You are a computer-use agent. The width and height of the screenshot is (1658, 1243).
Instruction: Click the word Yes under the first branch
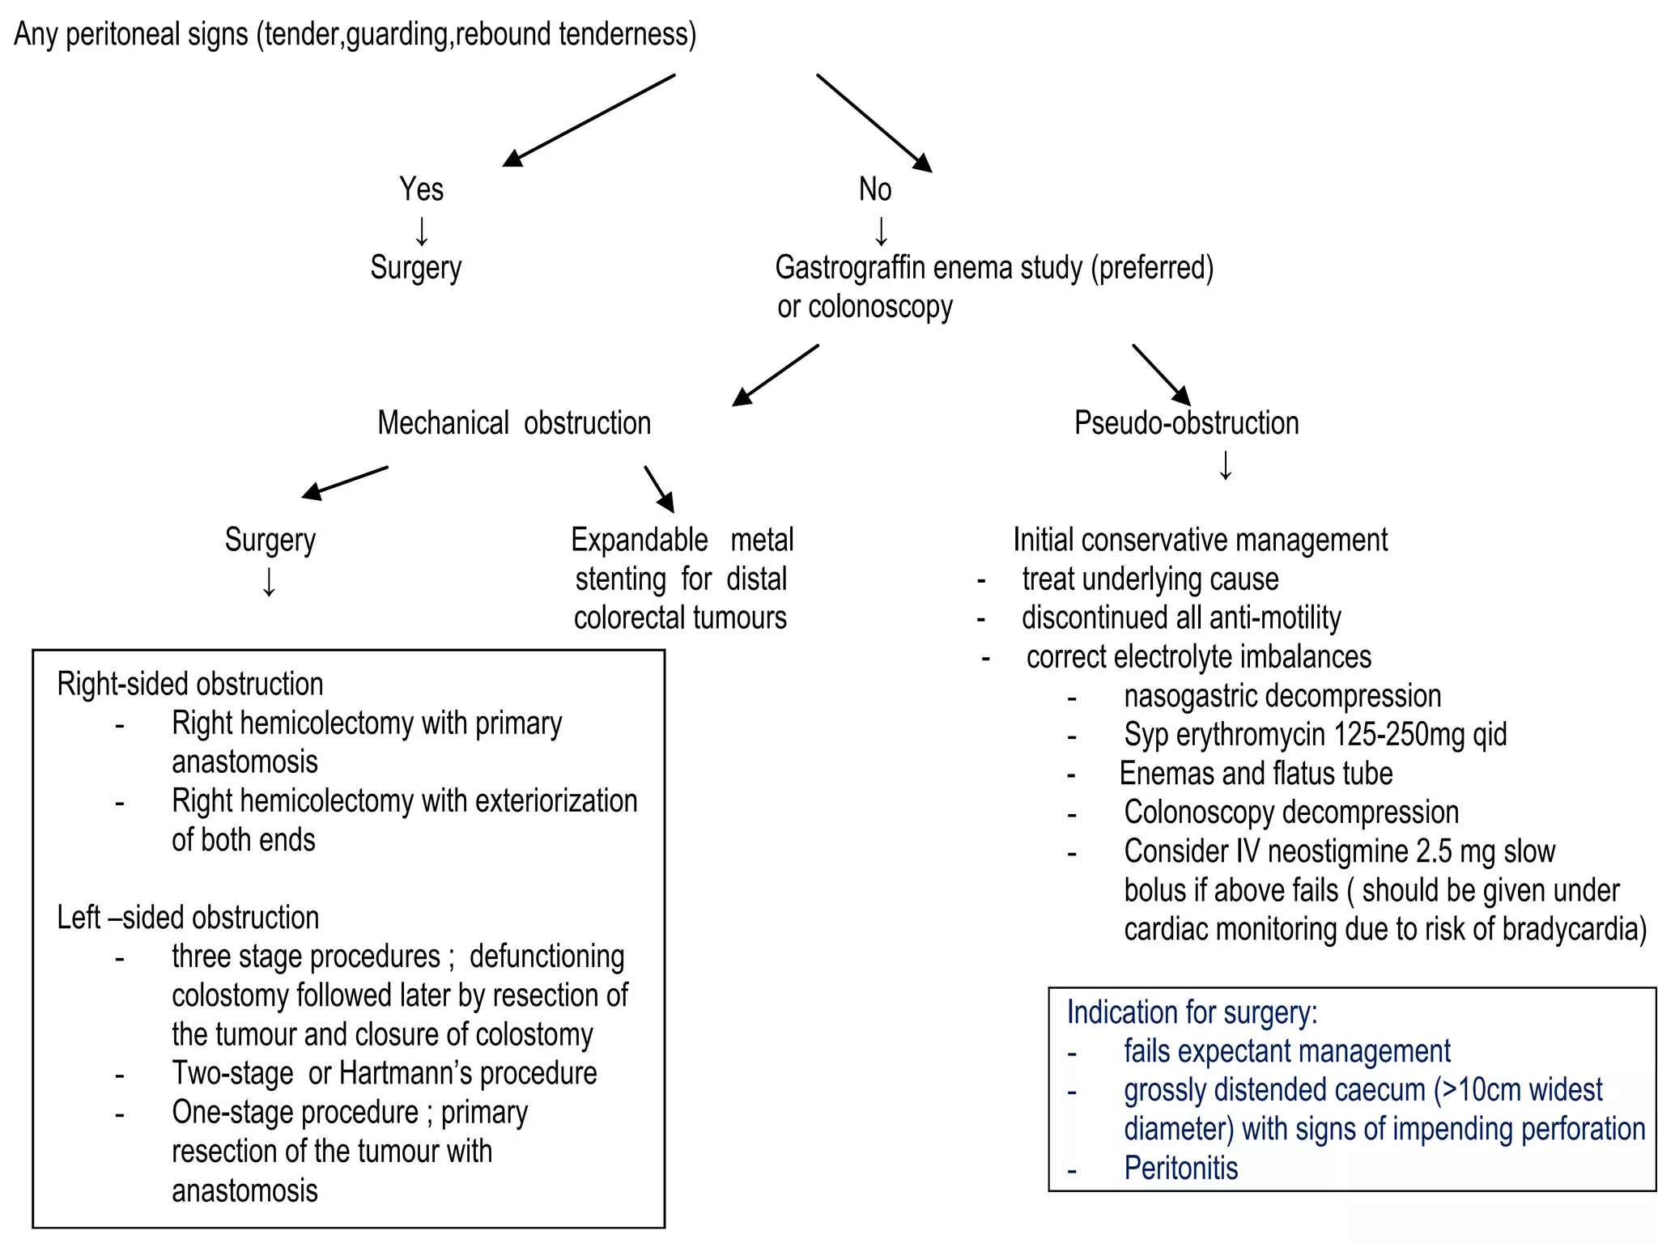[x=421, y=189]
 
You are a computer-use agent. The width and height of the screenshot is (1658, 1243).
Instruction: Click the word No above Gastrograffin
[x=874, y=189]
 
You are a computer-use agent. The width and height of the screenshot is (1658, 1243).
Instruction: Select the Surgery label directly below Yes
[x=415, y=268]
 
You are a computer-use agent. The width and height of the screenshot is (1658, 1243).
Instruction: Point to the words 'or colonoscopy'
[x=865, y=307]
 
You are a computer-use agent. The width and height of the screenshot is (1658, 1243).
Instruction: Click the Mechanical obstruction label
[x=514, y=423]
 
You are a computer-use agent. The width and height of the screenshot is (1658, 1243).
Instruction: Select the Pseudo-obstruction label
[x=1186, y=423]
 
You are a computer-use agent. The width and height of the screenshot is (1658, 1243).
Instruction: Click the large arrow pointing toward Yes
[x=589, y=121]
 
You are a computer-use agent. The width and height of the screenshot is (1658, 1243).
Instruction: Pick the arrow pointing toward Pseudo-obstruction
[x=1161, y=375]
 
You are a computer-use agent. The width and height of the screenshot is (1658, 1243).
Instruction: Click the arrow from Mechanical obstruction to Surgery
[x=345, y=482]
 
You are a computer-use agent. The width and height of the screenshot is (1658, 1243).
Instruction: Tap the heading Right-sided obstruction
[x=190, y=685]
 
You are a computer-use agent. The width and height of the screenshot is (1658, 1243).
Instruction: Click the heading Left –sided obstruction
[x=188, y=918]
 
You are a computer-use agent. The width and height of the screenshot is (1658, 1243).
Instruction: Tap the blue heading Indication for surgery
[x=1192, y=1012]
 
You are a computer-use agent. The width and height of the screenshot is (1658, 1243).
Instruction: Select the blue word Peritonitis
[x=1180, y=1169]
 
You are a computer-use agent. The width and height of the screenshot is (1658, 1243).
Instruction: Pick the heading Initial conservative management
[x=1200, y=540]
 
